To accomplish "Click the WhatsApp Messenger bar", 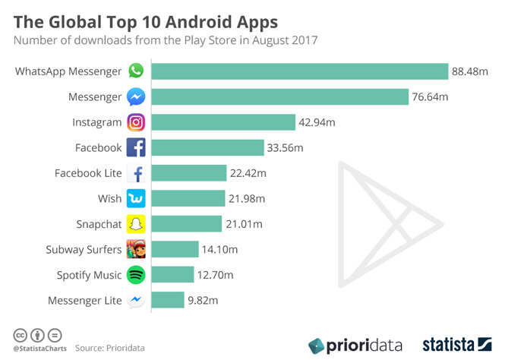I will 299,71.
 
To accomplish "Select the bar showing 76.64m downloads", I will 279,96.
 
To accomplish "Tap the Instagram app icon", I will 136,122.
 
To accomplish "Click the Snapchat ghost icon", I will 136,224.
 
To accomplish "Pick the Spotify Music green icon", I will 136,275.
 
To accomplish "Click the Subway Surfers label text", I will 84,250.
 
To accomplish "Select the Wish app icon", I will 136,198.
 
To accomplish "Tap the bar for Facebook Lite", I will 188,173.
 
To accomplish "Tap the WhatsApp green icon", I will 136,71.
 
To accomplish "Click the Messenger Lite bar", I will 167,300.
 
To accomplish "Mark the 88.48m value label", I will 471,71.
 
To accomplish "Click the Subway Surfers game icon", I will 136,249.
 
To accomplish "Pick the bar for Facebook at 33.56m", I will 207,147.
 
